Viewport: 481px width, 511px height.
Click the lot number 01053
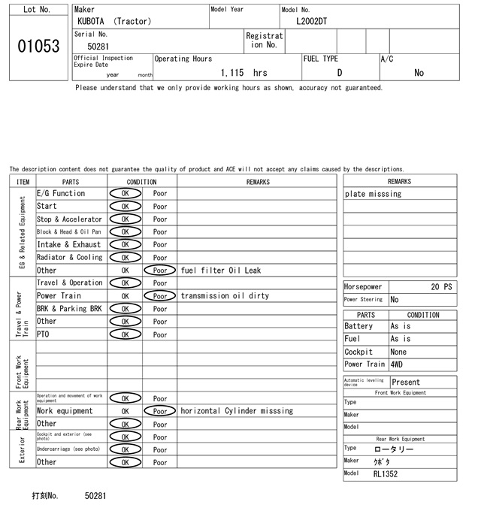(x=38, y=47)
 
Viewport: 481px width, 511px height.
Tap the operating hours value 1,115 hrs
(x=244, y=73)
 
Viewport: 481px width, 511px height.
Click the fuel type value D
(x=339, y=73)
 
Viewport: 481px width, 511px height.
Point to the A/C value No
(x=419, y=73)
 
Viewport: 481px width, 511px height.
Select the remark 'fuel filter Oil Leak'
(x=221, y=271)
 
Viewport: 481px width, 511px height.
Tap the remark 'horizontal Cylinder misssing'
(x=237, y=411)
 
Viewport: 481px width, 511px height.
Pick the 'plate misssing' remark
(x=374, y=194)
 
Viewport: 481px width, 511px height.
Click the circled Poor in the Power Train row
(x=160, y=296)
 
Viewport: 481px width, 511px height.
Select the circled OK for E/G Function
(x=126, y=194)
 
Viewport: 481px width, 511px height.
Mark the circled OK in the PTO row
(x=126, y=334)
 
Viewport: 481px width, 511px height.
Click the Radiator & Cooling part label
(x=69, y=258)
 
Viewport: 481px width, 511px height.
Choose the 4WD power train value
(x=396, y=364)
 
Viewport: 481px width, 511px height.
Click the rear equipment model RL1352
(x=386, y=474)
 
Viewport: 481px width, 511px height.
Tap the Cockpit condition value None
(x=398, y=352)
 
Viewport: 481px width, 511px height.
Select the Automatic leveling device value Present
(x=407, y=382)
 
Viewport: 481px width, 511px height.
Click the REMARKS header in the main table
(x=258, y=182)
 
